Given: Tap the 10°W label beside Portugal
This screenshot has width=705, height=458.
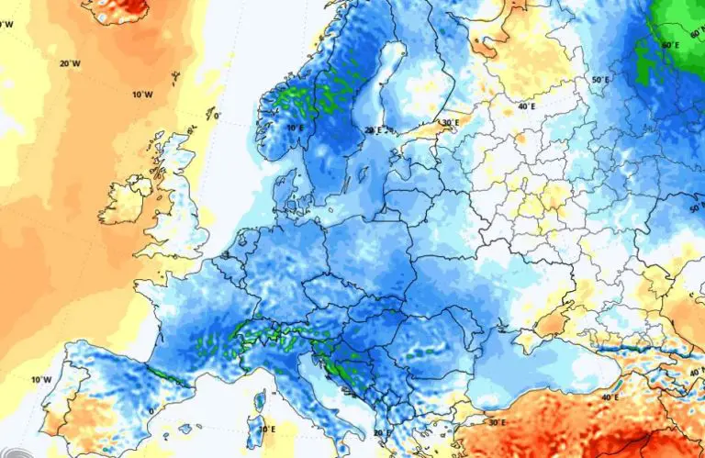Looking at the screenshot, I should coord(40,379).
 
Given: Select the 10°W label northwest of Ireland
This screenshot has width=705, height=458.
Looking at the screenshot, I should coord(141,95).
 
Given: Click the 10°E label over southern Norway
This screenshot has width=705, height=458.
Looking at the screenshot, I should coord(294,128).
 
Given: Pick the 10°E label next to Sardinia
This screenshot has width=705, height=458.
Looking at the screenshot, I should coord(266,429).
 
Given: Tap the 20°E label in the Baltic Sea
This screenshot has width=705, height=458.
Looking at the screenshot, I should coord(373,131).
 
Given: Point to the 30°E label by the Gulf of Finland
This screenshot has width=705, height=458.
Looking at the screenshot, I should coord(449,122).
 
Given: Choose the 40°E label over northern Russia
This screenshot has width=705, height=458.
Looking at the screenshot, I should coord(527,106).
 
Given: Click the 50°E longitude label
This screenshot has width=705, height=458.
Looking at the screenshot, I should coord(599,80).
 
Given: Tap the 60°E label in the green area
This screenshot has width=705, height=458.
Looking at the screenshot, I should coord(671,44).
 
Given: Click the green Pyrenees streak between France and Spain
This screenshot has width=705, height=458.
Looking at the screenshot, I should coord(166,374).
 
